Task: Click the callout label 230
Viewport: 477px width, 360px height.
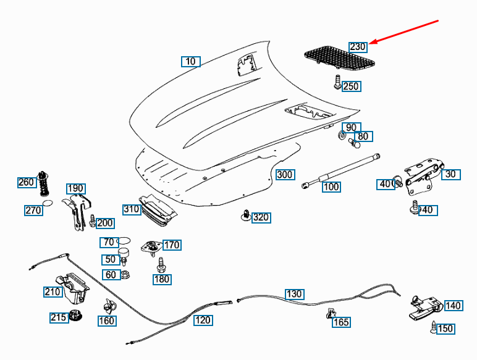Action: pyautogui.click(x=358, y=47)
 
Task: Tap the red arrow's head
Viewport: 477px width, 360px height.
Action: pyautogui.click(x=373, y=42)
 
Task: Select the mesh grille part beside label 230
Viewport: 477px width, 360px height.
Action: pyautogui.click(x=339, y=57)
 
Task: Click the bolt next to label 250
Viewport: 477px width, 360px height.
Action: pyautogui.click(x=337, y=82)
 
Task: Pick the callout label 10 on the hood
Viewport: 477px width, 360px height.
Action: pyautogui.click(x=191, y=61)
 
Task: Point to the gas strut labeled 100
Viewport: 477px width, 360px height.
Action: pyautogui.click(x=340, y=171)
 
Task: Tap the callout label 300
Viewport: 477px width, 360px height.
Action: pyautogui.click(x=285, y=175)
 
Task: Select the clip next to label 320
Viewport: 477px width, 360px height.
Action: pyautogui.click(x=246, y=215)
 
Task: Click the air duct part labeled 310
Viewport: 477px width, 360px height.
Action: pyautogui.click(x=158, y=210)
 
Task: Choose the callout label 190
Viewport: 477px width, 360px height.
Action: pyautogui.click(x=76, y=188)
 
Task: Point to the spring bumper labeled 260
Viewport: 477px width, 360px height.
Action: pyautogui.click(x=43, y=183)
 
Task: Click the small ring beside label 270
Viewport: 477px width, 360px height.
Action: pyautogui.click(x=48, y=203)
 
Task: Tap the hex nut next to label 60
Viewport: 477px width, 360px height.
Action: pyautogui.click(x=125, y=275)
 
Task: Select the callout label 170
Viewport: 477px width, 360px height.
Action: pyautogui.click(x=172, y=245)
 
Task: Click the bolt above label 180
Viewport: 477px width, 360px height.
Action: pyautogui.click(x=161, y=265)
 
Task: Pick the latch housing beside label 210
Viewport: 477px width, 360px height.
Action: pyautogui.click(x=72, y=288)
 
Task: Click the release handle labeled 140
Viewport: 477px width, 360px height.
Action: pyautogui.click(x=425, y=308)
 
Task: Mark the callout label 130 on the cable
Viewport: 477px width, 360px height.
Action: pyautogui.click(x=294, y=294)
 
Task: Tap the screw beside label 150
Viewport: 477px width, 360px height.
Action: pyautogui.click(x=433, y=327)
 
